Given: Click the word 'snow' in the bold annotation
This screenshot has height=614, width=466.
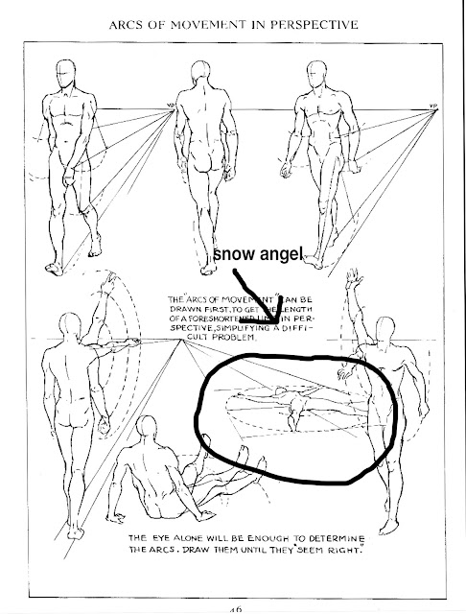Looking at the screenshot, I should (233, 253).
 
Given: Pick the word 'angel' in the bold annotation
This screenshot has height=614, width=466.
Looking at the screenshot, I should (279, 253).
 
